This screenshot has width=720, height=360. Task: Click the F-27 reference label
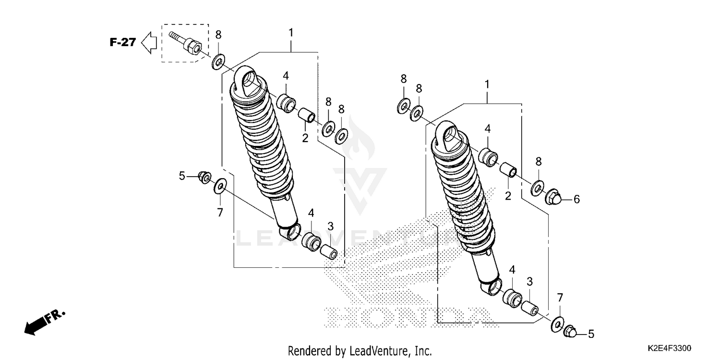122,42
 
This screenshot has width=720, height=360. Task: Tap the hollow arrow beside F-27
149,42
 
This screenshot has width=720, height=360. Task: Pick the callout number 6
576,199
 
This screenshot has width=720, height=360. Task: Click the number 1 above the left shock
290,33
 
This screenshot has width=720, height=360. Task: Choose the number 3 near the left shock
330,226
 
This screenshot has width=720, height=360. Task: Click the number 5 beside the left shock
182,176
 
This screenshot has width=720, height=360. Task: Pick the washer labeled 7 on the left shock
220,185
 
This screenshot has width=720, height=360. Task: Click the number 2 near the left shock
305,138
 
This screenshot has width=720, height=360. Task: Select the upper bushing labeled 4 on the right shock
488,157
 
